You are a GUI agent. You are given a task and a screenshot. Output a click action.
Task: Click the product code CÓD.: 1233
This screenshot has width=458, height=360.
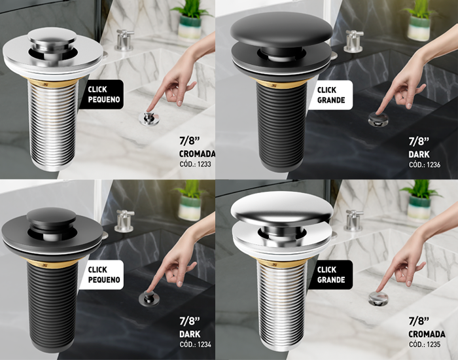(195, 164)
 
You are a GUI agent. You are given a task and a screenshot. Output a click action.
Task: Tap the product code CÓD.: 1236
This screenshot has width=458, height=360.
(425, 164)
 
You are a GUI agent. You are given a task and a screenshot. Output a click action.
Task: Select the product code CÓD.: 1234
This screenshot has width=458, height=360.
(195, 344)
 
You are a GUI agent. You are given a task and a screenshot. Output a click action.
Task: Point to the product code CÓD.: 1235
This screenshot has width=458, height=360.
(425, 344)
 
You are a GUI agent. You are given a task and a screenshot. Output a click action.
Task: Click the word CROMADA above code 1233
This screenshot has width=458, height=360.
(197, 154)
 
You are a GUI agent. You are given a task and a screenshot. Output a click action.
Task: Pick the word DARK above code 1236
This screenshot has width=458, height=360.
(419, 154)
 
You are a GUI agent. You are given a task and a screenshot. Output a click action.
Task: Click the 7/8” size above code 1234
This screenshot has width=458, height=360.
(190, 321)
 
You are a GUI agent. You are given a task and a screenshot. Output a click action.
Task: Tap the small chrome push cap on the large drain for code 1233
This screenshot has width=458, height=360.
(52, 37)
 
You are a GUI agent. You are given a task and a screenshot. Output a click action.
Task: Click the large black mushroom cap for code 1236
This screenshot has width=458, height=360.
(281, 29)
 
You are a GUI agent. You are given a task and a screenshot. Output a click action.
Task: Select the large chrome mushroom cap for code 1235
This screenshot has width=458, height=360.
(282, 208)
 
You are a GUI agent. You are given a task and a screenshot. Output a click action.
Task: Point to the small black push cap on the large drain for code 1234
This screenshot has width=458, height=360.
(51, 217)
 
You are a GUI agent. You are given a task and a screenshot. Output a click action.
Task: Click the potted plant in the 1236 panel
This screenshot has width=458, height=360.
(419, 20)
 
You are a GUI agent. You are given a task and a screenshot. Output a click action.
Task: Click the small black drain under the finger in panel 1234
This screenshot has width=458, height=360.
(149, 298)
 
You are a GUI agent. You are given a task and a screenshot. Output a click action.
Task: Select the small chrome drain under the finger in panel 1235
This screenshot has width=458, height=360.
(378, 298)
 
